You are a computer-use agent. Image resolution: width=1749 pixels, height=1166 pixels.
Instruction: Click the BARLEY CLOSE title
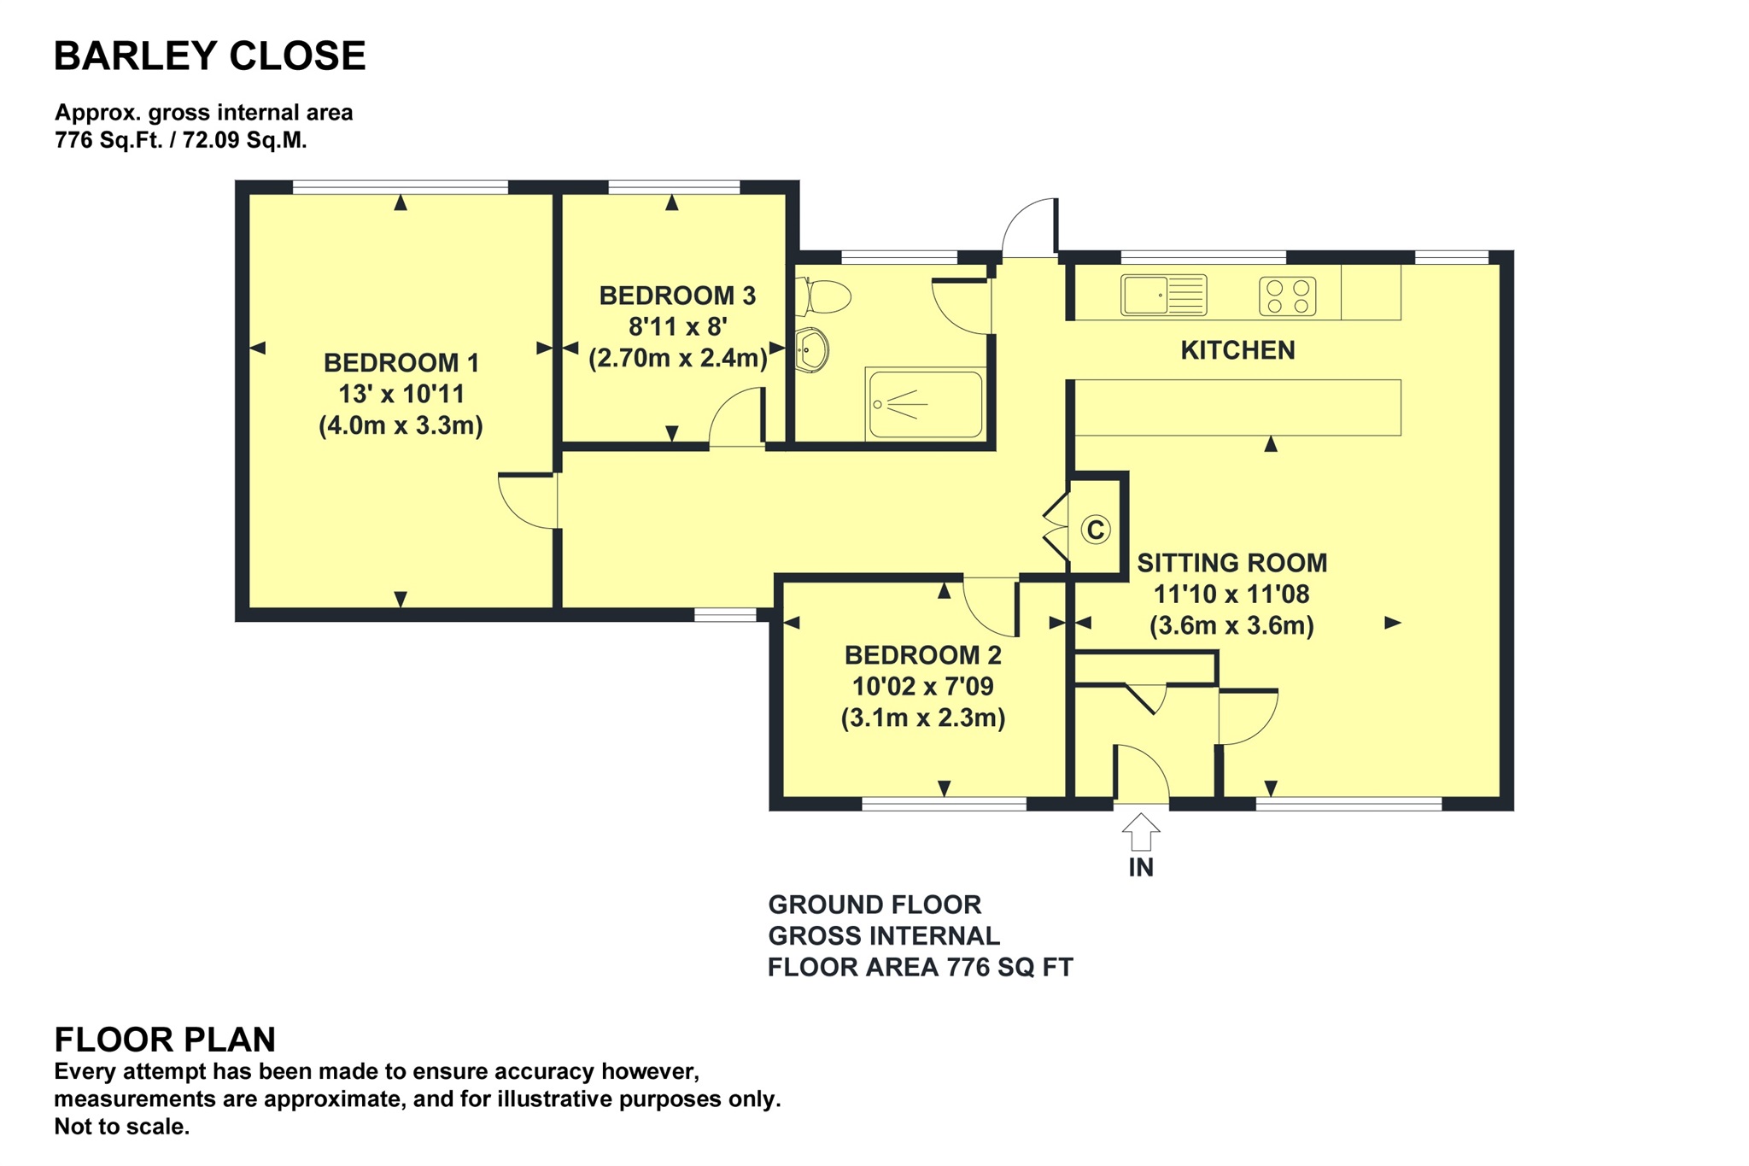click(209, 56)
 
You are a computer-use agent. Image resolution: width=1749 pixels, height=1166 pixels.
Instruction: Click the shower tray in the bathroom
click(925, 404)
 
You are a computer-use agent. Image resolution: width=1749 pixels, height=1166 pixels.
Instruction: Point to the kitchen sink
click(1162, 295)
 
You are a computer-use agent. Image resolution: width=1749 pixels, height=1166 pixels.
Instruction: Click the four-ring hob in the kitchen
click(1287, 296)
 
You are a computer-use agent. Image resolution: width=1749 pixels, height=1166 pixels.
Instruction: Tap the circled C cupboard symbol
click(1096, 530)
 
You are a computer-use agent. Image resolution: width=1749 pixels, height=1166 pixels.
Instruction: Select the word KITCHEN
click(1237, 350)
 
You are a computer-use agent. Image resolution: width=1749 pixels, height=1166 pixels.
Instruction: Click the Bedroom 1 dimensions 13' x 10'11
click(401, 395)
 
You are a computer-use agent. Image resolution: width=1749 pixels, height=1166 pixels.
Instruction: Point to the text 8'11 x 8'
click(677, 326)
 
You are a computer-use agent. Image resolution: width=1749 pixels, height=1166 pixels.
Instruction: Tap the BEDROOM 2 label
click(922, 655)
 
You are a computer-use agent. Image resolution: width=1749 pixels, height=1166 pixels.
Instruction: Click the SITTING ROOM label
click(1231, 563)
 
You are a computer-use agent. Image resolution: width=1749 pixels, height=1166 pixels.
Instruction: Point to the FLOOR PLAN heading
click(165, 1040)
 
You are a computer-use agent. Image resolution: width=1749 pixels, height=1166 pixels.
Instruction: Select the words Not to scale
click(121, 1127)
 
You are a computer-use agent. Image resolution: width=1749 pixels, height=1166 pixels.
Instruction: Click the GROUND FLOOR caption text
click(874, 905)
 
